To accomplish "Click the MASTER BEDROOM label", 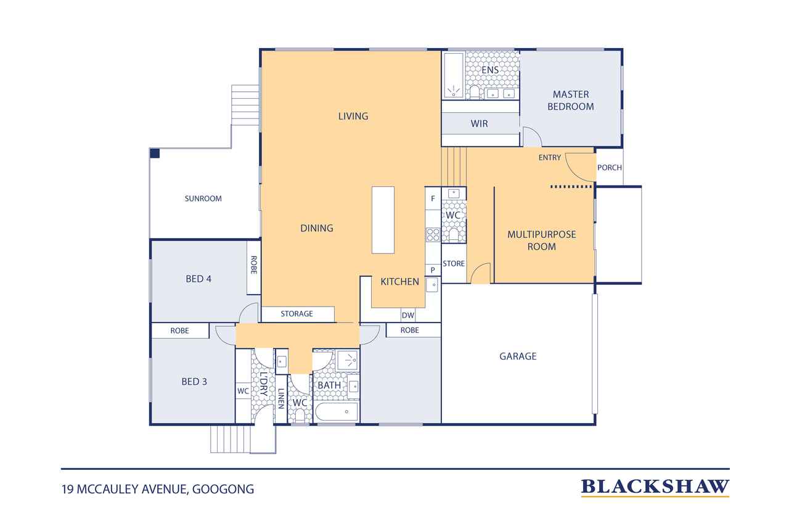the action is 571,101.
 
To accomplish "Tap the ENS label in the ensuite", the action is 490,70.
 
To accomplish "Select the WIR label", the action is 479,124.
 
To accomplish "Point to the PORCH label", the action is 610,168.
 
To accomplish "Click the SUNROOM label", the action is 203,199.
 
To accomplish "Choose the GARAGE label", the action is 518,356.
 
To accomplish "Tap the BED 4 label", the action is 198,279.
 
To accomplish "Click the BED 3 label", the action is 194,382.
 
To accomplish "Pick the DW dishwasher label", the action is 408,315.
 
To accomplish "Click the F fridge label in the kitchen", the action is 433,199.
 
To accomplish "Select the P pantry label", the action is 433,270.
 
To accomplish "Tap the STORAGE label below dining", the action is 296,313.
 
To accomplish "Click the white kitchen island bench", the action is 383,220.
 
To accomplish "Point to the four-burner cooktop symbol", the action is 433,235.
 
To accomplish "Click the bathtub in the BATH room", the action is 337,411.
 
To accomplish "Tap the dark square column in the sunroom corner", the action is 155,154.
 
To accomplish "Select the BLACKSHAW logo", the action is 655,487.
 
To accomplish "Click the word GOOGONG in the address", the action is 223,490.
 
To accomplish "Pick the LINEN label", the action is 281,398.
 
